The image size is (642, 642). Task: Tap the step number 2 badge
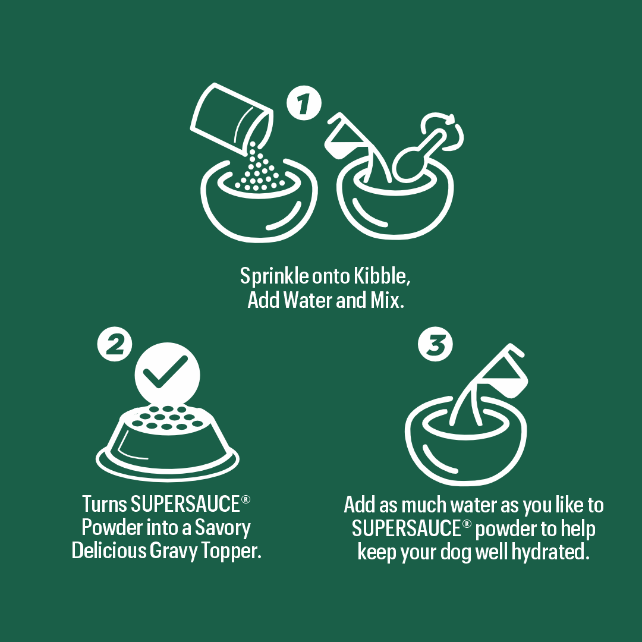point(115,345)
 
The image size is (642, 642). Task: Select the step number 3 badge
point(435,345)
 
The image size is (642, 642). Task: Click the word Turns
point(105,504)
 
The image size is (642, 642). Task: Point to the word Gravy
point(175,550)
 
